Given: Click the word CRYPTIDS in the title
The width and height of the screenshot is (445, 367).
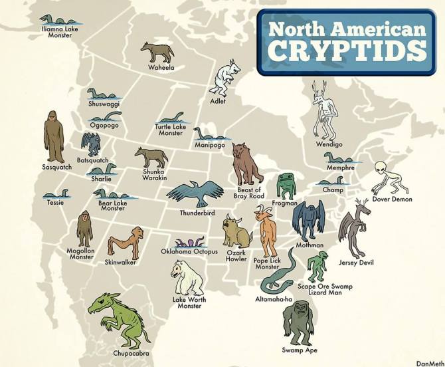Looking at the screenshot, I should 343,51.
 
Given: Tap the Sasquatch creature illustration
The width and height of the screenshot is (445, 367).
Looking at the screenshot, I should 52,136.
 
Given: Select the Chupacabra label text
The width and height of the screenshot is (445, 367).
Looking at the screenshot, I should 132,353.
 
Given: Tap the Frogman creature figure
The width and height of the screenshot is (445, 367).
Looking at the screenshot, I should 286,185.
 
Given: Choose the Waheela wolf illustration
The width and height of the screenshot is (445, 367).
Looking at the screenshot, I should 157,53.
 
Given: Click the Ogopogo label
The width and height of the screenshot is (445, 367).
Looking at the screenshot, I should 104,124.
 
